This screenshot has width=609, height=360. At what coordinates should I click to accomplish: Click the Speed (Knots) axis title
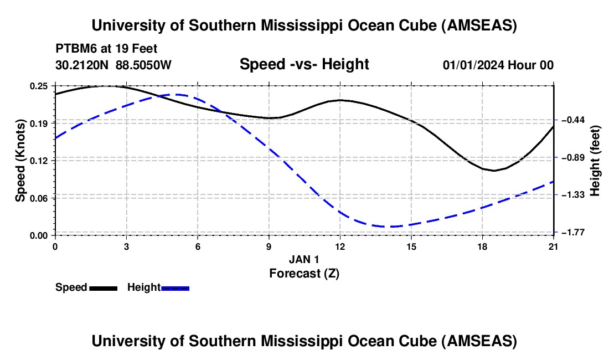20,161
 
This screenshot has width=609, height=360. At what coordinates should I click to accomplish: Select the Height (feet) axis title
596,161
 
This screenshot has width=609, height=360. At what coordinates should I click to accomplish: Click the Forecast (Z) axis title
304,273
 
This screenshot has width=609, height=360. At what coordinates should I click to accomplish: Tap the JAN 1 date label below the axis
304,259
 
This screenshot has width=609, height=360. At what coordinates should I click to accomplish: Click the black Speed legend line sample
103,287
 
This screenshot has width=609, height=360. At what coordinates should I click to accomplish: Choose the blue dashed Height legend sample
175,287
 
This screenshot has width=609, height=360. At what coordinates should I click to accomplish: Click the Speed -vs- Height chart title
304,64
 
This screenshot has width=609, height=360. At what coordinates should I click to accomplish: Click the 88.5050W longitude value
143,65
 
